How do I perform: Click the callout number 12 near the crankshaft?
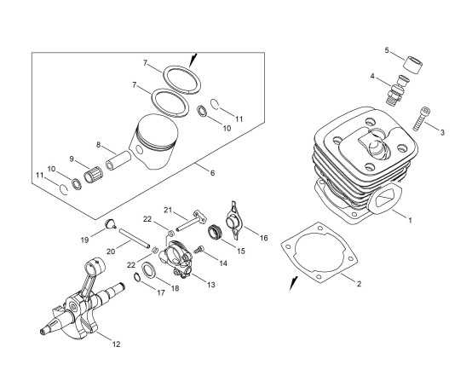coord(116,344)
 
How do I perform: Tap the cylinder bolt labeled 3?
coord(422,119)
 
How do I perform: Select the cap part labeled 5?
coord(412,65)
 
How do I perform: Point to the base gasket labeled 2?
coord(319,253)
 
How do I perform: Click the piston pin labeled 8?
coord(118,161)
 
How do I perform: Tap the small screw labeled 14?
coord(199,249)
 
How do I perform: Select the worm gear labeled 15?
coord(215,233)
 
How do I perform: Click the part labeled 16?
coord(234,220)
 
